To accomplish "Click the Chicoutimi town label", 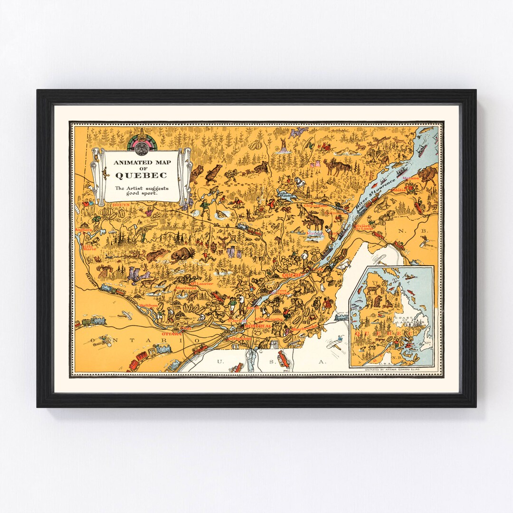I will tap(314, 206).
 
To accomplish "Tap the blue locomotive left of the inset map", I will tap(342, 317).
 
